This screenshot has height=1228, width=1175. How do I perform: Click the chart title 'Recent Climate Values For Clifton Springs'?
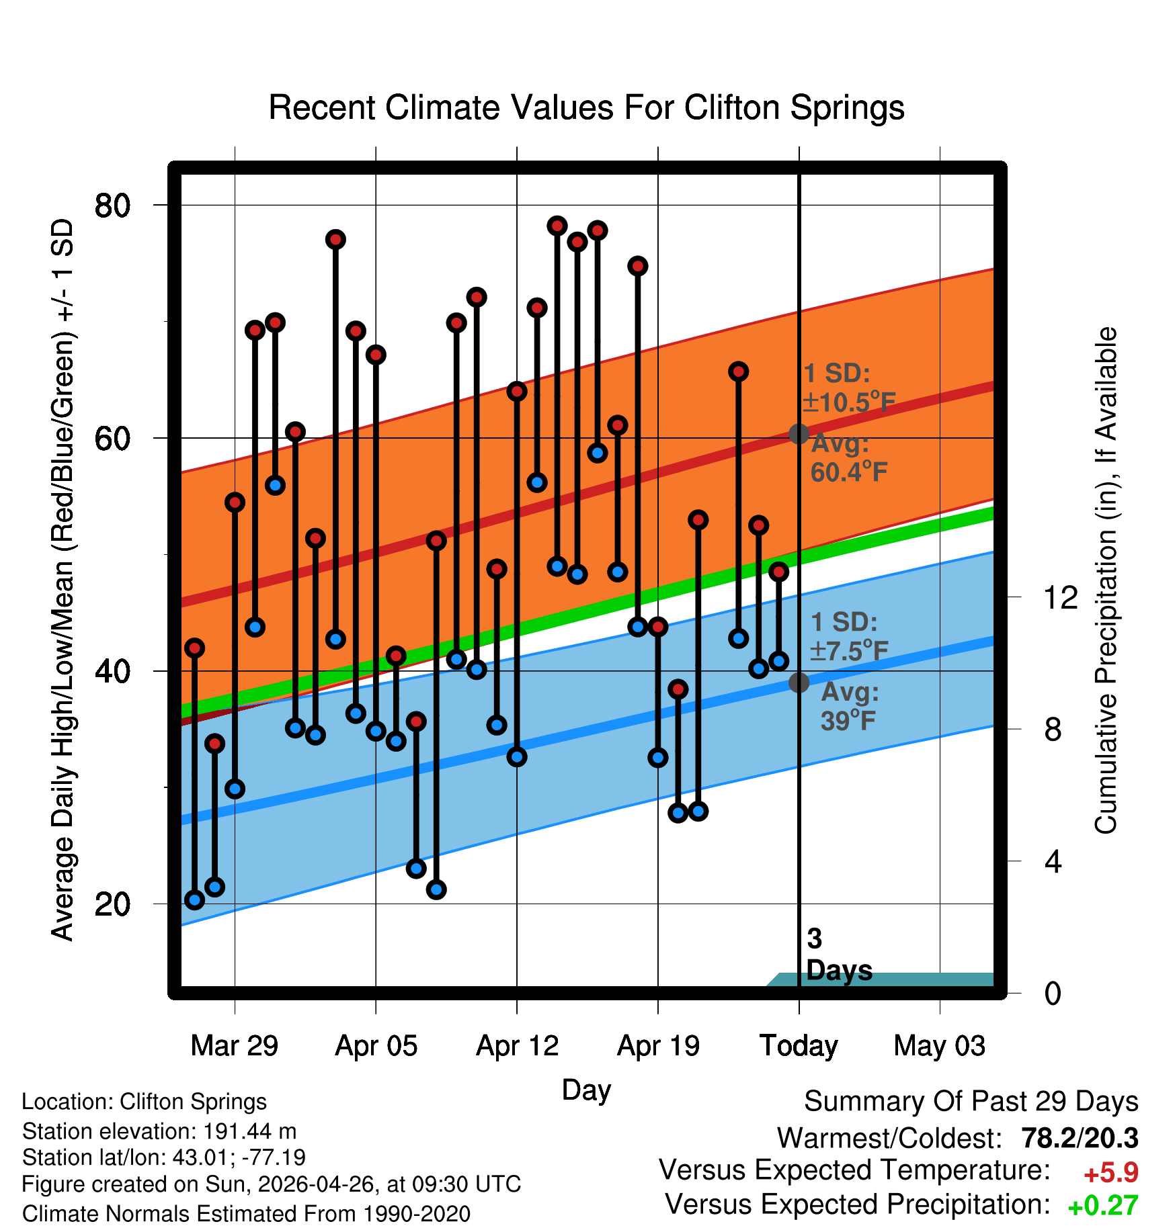tap(586, 107)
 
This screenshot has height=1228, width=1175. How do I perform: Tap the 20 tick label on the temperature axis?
tap(113, 904)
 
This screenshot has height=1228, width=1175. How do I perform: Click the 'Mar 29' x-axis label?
tap(235, 1046)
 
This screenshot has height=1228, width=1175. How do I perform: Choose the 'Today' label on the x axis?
tap(799, 1046)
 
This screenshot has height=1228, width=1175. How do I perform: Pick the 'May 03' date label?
tap(940, 1046)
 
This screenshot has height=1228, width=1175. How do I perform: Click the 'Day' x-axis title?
tap(586, 1090)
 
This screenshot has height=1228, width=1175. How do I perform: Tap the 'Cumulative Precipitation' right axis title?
tap(1106, 581)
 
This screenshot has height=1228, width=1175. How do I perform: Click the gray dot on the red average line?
tap(799, 434)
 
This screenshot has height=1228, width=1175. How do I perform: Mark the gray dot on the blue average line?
tap(799, 683)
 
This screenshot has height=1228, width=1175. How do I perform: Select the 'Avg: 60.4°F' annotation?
tap(849, 458)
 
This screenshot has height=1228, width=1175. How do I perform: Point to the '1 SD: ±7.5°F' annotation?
tap(849, 636)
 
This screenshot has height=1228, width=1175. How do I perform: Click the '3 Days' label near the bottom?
tap(839, 955)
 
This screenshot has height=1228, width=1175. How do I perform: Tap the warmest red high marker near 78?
tap(557, 226)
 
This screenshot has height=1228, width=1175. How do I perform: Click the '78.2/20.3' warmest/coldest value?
tap(1080, 1138)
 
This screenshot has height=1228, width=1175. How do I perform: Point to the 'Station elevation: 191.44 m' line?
tap(159, 1131)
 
